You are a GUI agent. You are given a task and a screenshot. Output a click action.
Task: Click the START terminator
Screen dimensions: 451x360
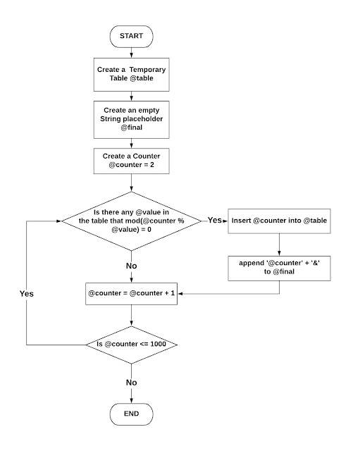[x=131, y=35]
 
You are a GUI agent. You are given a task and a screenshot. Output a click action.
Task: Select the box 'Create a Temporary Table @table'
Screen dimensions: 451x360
[x=131, y=75]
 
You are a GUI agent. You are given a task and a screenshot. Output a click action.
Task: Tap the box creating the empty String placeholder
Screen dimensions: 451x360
[x=131, y=121]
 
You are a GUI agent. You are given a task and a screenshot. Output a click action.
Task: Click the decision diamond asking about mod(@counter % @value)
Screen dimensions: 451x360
[x=131, y=221]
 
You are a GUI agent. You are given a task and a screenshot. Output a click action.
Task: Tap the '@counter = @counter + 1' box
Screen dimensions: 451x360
[x=131, y=292]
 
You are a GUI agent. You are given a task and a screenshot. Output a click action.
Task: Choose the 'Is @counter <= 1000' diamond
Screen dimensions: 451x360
[x=131, y=345]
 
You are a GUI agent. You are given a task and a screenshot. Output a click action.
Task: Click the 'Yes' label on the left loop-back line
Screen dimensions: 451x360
[x=27, y=292]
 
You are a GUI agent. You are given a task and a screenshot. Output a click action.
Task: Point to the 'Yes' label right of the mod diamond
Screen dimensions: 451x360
[x=214, y=221]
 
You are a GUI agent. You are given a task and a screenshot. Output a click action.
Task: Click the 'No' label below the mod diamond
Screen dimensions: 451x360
[x=131, y=267]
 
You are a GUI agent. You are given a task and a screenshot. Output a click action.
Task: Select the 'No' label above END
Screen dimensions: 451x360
[x=131, y=382]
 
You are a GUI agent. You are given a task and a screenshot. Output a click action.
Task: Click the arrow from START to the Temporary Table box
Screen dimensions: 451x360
[x=131, y=52]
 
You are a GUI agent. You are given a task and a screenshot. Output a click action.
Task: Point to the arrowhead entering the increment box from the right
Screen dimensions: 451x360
[x=180, y=292]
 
